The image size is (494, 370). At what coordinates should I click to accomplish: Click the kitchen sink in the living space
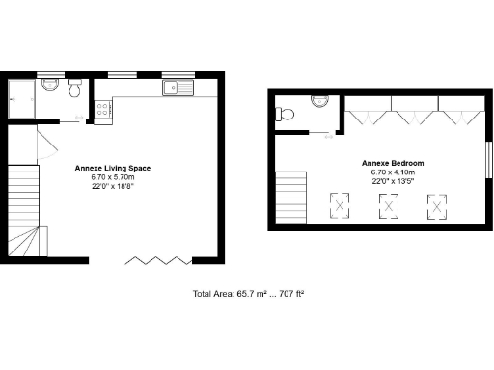click(x=178, y=88)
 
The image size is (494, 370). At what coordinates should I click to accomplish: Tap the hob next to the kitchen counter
click(x=103, y=109)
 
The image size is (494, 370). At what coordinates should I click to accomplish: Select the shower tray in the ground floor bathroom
click(x=20, y=96)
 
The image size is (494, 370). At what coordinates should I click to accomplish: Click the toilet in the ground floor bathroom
click(x=74, y=88)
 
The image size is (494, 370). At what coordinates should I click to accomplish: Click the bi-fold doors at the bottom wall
click(x=160, y=259)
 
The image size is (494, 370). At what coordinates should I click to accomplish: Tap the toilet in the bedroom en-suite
click(x=285, y=114)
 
